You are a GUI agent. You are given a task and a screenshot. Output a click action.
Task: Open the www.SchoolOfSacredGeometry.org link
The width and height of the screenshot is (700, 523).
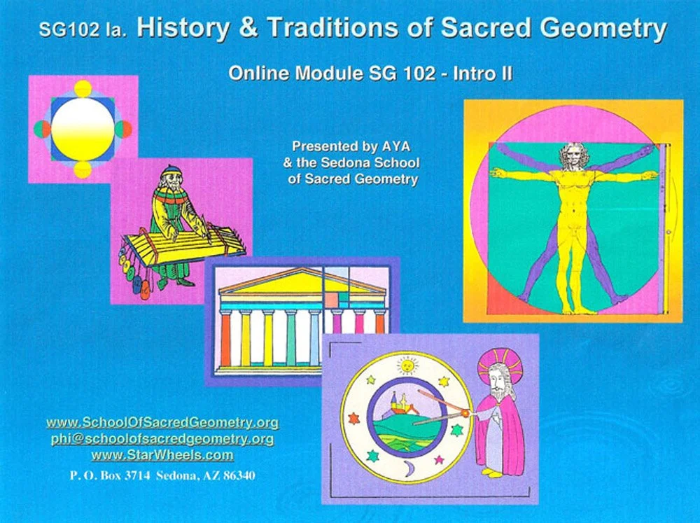coord(162,423)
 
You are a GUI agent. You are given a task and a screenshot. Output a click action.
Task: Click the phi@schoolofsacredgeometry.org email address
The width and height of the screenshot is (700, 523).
coord(162,439)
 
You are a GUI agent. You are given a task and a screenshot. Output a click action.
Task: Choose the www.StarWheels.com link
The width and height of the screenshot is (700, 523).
coord(162,455)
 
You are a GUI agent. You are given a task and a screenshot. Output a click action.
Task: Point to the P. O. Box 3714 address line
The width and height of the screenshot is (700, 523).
coord(162,475)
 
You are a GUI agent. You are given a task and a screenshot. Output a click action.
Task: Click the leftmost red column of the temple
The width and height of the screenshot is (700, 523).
coord(225,338)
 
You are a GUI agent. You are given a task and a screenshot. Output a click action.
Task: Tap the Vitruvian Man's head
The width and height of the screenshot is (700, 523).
coord(574,155)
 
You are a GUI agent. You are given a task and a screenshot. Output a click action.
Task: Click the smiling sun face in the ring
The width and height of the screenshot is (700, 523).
coord(405,365)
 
